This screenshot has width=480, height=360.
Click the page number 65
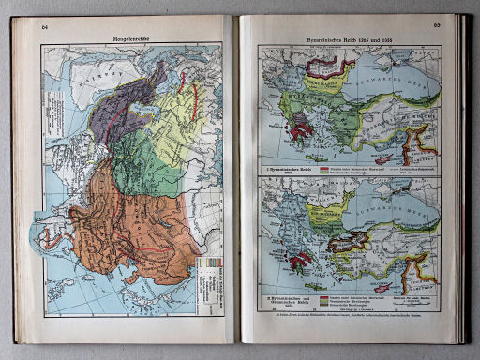pyautogui.click(x=436, y=26)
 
